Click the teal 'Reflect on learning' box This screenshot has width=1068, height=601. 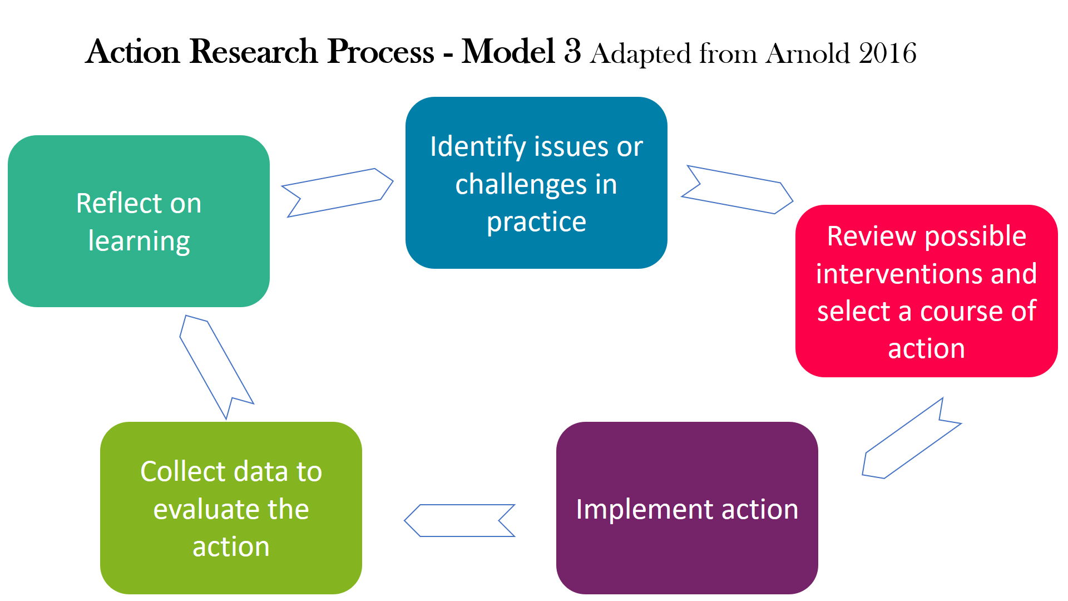coord(139,221)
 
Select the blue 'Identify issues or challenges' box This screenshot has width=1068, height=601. coord(536,183)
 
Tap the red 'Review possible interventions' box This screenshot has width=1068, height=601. coord(926,291)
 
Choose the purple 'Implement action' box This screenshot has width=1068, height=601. coord(687,508)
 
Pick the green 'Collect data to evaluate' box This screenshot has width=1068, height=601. coord(231,508)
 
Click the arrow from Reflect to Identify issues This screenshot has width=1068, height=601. coord(337,193)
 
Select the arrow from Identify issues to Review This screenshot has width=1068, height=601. coord(737,190)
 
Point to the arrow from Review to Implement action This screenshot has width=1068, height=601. coord(911,439)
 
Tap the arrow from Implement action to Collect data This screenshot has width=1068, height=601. coord(459,520)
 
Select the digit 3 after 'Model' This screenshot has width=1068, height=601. coord(572,51)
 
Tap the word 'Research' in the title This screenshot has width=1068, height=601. coord(253,51)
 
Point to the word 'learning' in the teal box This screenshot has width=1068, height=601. coord(139,242)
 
